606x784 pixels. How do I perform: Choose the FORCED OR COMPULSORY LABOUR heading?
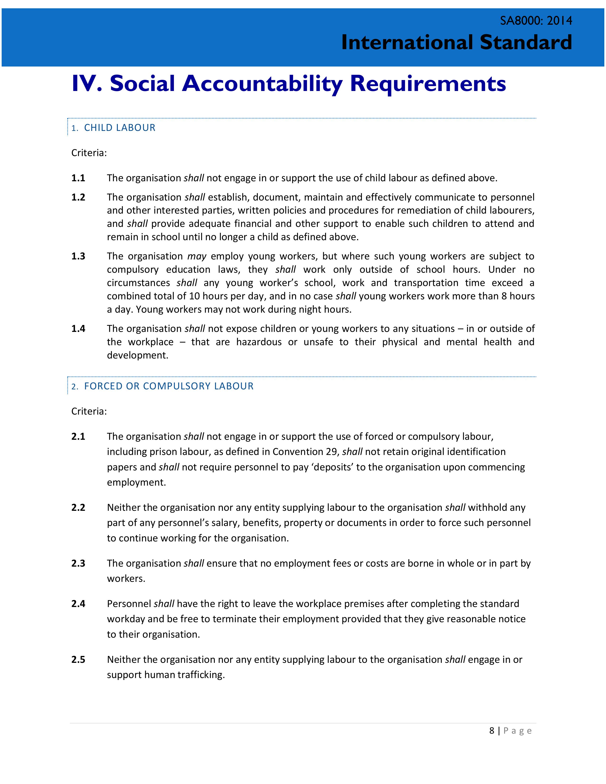(x=169, y=386)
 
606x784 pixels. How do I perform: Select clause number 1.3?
(x=78, y=256)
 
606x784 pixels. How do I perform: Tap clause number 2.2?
(x=78, y=508)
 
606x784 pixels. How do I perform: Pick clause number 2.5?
(x=78, y=660)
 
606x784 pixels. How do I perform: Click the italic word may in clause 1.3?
(x=197, y=256)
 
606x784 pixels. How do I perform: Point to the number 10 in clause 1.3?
(x=194, y=296)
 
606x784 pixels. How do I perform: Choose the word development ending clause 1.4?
(x=138, y=355)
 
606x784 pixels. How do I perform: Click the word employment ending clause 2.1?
(x=136, y=483)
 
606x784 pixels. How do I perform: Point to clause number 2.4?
(x=78, y=604)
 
